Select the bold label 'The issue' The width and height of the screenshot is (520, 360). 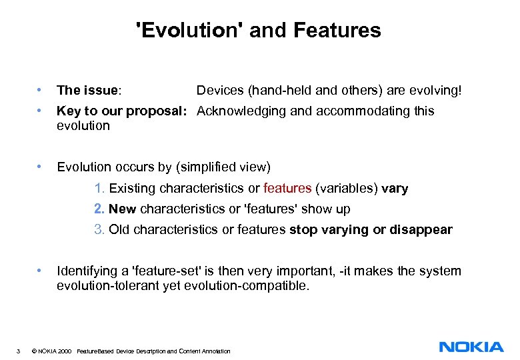tap(87, 90)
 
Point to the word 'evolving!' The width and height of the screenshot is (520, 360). tap(433, 90)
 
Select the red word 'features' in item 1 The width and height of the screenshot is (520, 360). tap(287, 189)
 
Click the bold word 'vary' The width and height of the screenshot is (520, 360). tap(395, 189)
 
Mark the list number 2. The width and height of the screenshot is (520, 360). tap(99, 209)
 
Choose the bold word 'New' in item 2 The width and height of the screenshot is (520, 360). tap(122, 209)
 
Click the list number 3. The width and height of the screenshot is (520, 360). tap(99, 230)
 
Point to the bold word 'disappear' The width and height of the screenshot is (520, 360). tap(421, 230)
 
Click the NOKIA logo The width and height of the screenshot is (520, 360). tap(471, 347)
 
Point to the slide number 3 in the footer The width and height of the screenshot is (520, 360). tap(20, 351)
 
